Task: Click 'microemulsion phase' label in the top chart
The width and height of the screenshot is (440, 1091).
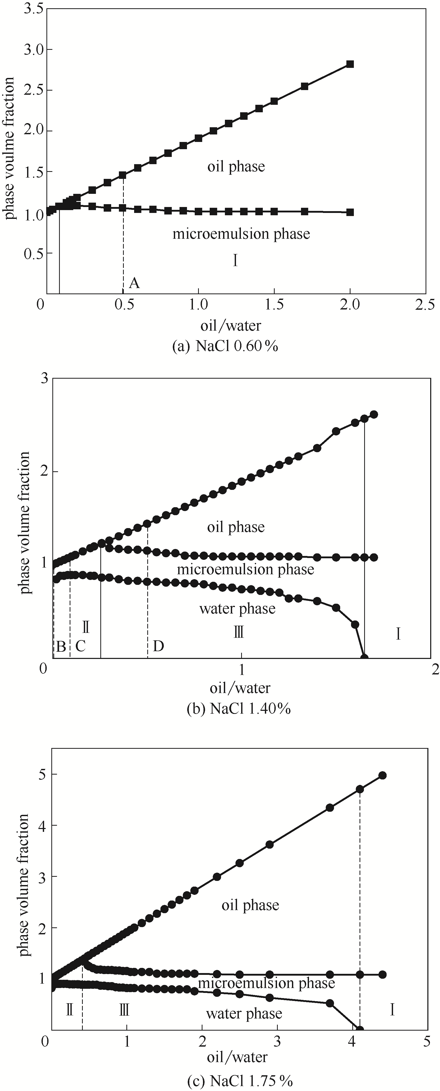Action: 241,234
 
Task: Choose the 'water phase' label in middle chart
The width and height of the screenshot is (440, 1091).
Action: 237,609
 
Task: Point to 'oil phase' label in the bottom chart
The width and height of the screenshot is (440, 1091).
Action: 250,905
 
